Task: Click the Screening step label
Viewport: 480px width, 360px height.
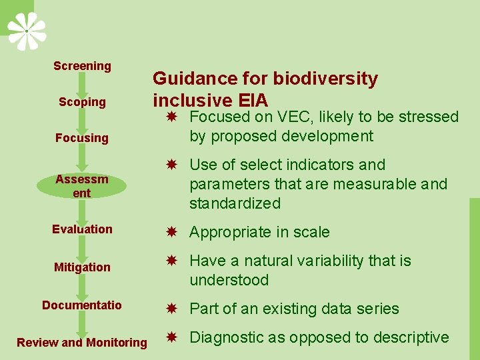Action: [82, 66]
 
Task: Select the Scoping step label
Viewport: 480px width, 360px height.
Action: [82, 102]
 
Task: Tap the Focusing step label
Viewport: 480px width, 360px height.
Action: [82, 138]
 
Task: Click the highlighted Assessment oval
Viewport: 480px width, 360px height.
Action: [82, 185]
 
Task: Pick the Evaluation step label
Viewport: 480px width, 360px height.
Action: [82, 229]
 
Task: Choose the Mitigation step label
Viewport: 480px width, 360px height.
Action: [82, 267]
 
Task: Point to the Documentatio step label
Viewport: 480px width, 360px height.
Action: [82, 305]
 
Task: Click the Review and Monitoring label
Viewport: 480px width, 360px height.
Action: [82, 342]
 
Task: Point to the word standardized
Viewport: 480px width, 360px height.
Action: [235, 203]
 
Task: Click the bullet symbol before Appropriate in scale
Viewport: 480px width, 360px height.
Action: [171, 233]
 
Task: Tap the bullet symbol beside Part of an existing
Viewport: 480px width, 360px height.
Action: [171, 309]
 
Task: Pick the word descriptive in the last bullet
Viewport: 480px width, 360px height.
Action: [411, 337]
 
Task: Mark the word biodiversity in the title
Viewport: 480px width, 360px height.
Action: [326, 79]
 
